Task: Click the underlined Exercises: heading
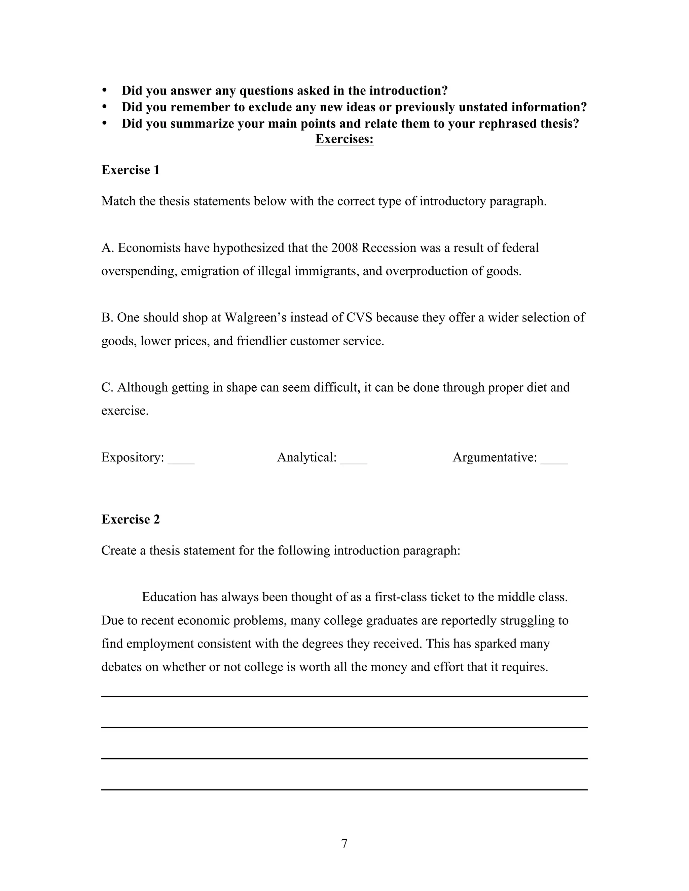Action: (x=344, y=139)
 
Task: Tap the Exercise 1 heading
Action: (x=130, y=170)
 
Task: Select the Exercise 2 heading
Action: (x=130, y=519)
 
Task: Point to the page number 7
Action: (x=344, y=843)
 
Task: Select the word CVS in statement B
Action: (x=359, y=317)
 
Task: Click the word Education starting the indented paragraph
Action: (x=169, y=597)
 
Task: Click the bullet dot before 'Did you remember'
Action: (x=105, y=107)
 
